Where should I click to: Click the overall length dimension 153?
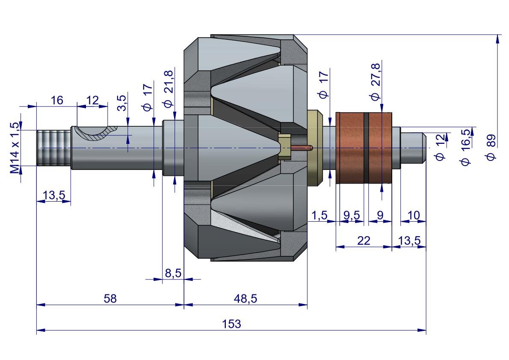pos(231,324)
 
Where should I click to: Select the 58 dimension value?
pos(110,298)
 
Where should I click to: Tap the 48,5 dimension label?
pos(246,298)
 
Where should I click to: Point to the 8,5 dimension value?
pos(173,273)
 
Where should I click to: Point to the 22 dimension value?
pos(364,240)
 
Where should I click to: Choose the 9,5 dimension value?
pos(352,215)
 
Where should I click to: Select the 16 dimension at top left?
pos(57,100)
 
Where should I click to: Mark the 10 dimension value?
pos(414,215)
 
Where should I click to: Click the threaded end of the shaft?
pos(53,148)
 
